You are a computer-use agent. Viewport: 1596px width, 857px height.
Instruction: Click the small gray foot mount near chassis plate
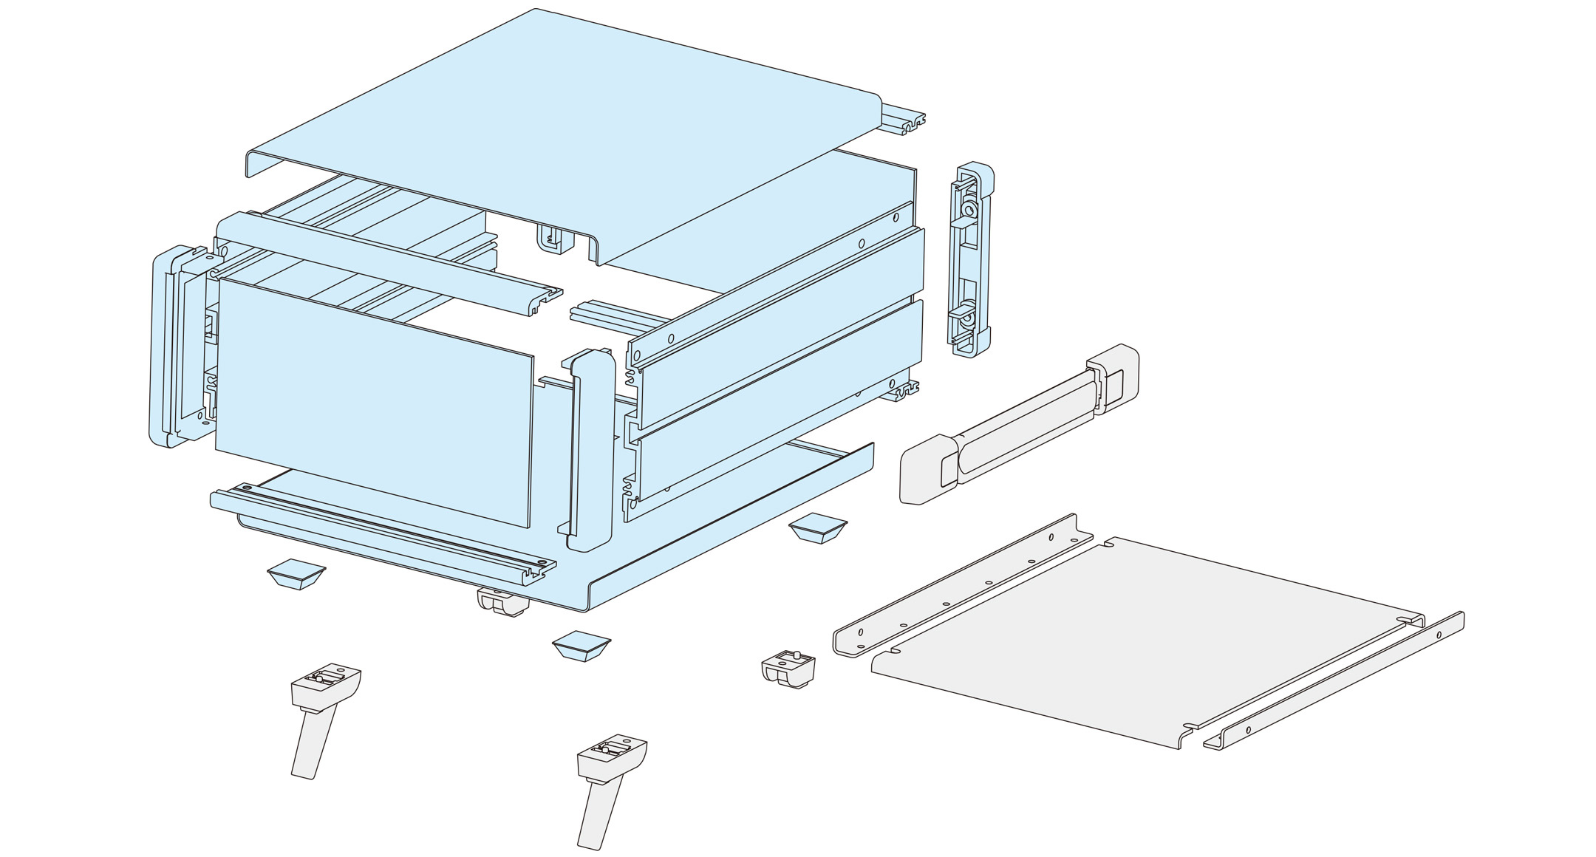(x=788, y=669)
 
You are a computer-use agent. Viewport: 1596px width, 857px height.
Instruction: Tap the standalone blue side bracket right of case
(x=971, y=259)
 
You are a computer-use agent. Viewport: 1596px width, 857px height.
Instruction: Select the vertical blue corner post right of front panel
(x=591, y=451)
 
